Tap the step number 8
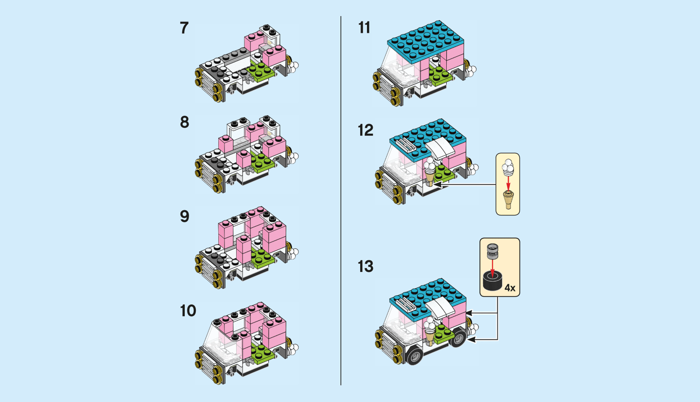pyautogui.click(x=184, y=122)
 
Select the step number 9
pyautogui.click(x=184, y=216)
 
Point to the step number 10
pyautogui.click(x=188, y=311)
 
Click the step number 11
pyautogui.click(x=364, y=28)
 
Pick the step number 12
pyautogui.click(x=365, y=130)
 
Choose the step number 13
pyautogui.click(x=366, y=267)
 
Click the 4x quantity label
pyautogui.click(x=509, y=288)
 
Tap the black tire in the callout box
pyautogui.click(x=492, y=282)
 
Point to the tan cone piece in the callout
pyautogui.click(x=508, y=199)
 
